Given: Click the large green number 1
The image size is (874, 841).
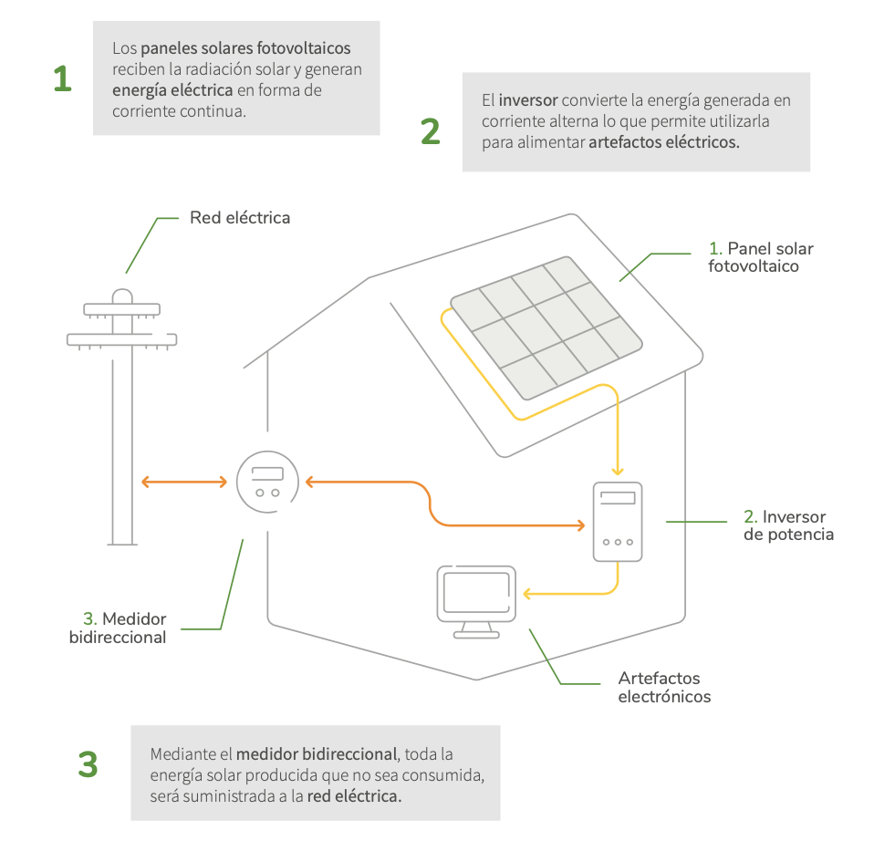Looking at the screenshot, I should click(x=62, y=79).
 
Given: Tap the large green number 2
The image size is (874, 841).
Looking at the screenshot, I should click(x=431, y=131).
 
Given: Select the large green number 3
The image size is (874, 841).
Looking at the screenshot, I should click(x=88, y=764).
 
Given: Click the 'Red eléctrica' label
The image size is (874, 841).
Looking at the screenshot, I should click(x=240, y=218).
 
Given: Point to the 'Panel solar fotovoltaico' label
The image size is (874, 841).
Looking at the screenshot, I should click(x=761, y=257).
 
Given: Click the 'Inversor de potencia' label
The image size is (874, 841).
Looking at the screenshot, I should click(x=788, y=525).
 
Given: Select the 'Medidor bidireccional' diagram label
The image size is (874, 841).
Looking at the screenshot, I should click(x=118, y=628).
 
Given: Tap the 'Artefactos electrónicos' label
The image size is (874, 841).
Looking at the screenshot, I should click(x=663, y=688).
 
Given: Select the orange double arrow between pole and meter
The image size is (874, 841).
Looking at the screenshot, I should click(x=183, y=482).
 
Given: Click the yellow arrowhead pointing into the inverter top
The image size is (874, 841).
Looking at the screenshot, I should click(x=618, y=471).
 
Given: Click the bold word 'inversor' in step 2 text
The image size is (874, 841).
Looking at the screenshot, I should click(x=528, y=99).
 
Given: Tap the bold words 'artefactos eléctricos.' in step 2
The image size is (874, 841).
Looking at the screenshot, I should click(x=663, y=143).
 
